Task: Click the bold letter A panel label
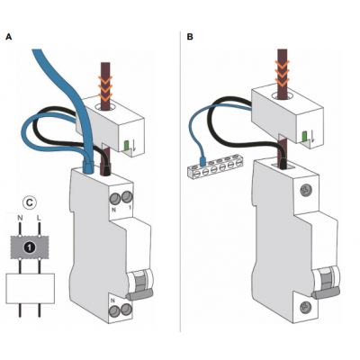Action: click(x=9, y=37)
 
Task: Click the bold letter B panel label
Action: click(x=190, y=37)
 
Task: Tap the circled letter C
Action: click(x=30, y=202)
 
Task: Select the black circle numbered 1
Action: click(x=30, y=247)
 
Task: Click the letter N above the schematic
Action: click(x=20, y=218)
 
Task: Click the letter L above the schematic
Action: click(x=39, y=218)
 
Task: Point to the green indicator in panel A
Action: click(x=126, y=146)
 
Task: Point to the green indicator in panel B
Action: click(x=304, y=137)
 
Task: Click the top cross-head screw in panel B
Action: click(x=305, y=190)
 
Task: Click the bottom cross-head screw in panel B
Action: click(x=305, y=306)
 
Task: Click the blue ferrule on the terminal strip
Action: click(x=202, y=161)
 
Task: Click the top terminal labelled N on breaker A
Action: click(x=114, y=198)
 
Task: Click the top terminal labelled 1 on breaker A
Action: click(x=126, y=197)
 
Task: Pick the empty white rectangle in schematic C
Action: click(x=31, y=288)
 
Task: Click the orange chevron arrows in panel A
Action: click(x=104, y=87)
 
